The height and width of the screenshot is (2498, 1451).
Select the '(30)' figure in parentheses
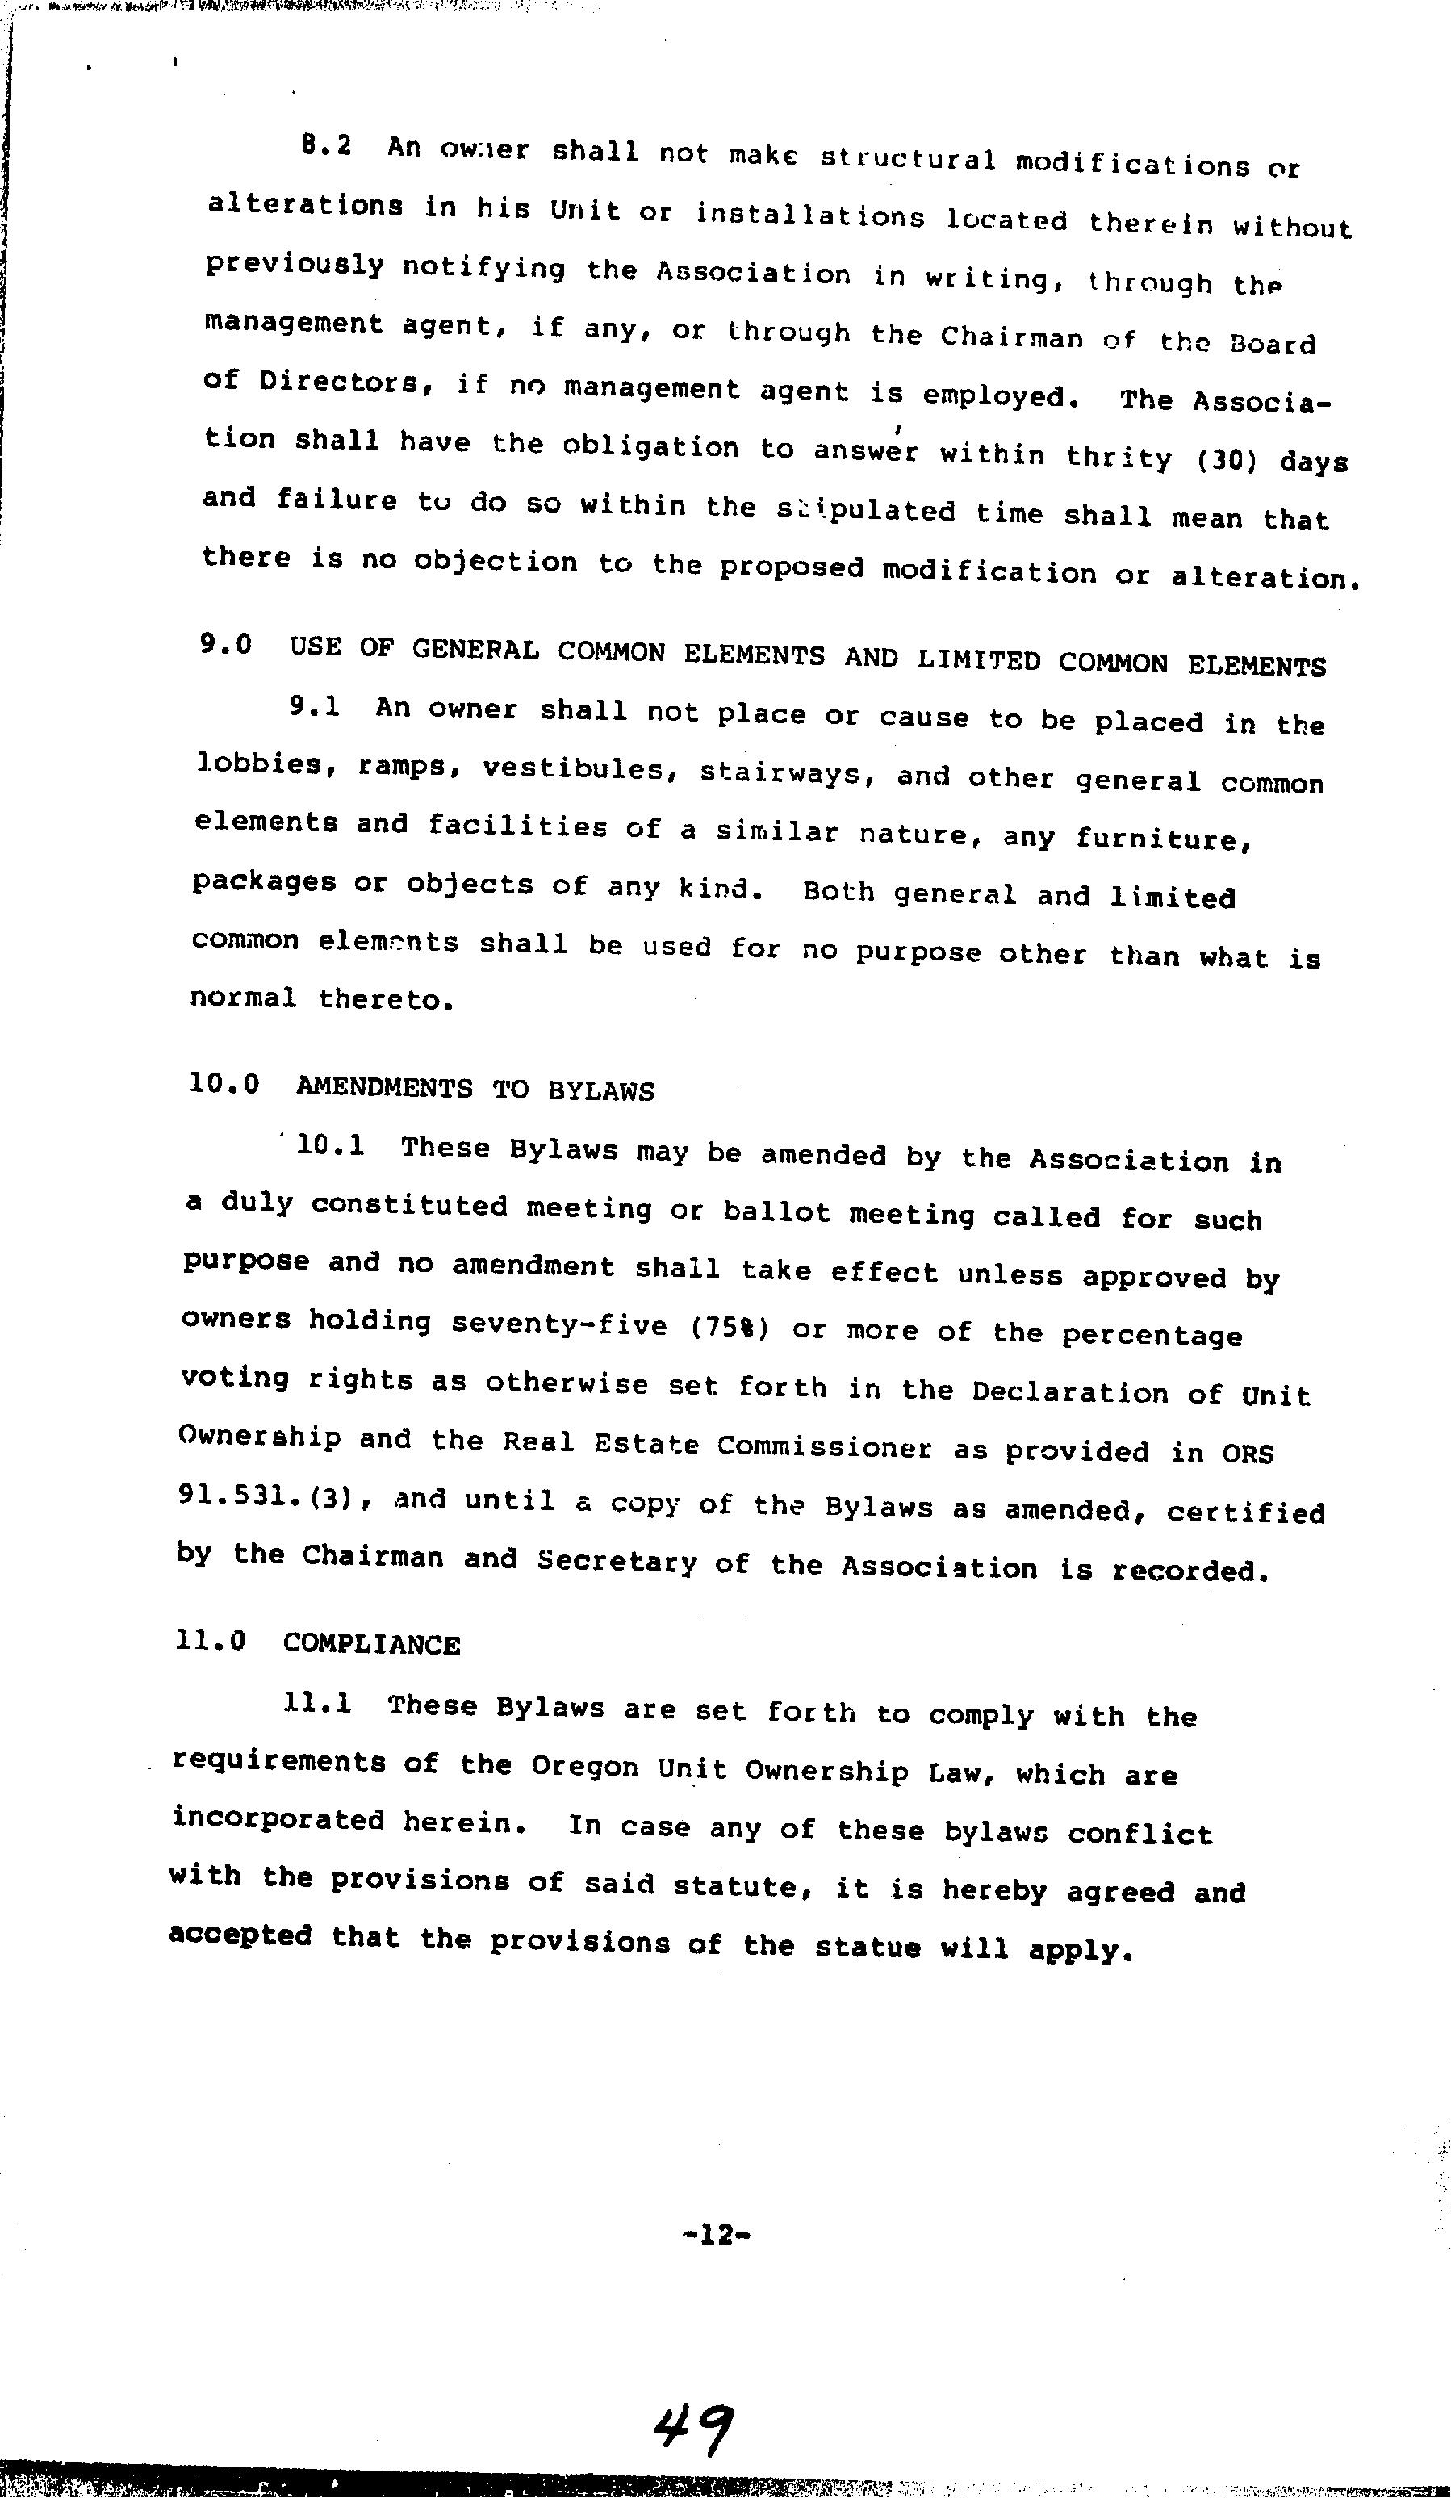point(1227,461)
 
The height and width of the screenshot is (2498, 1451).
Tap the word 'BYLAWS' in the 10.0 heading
point(600,1090)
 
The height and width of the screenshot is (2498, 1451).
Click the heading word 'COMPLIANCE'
point(372,1645)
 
